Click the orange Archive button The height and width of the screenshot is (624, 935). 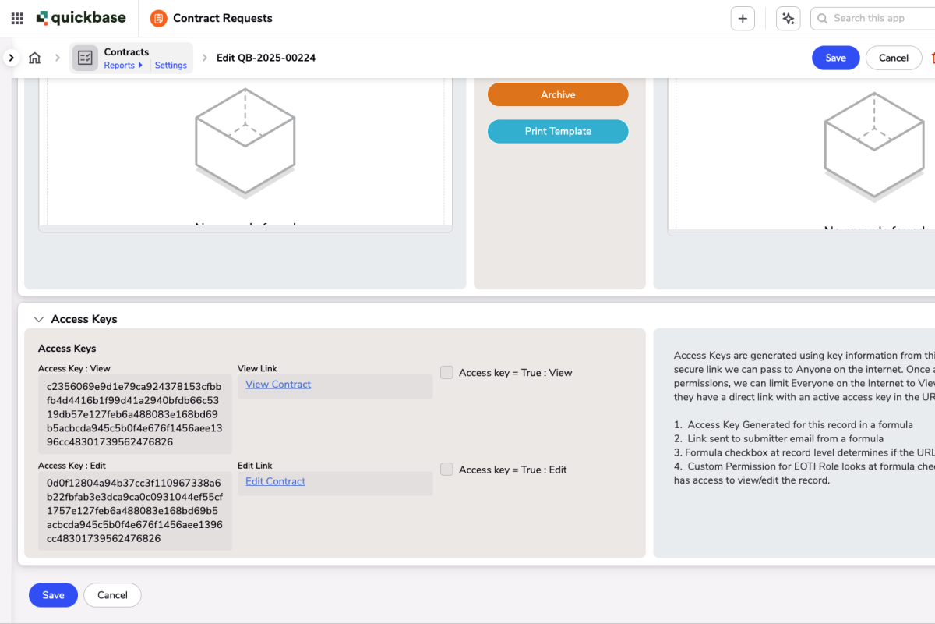coord(558,94)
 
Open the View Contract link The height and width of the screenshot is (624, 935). coord(278,385)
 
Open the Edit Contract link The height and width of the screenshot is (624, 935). coord(275,481)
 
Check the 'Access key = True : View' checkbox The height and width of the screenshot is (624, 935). coord(446,373)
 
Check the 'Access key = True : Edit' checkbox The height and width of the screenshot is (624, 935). coord(446,470)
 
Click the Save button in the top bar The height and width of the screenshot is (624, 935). coord(835,58)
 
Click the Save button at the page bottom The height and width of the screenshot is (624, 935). coord(53,595)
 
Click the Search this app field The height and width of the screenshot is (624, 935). coord(877,18)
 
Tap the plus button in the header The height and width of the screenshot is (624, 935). coord(743,19)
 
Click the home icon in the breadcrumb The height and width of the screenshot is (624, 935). coord(34,58)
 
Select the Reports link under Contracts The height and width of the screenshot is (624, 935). coord(120,66)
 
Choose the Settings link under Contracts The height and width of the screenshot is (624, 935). coord(171,66)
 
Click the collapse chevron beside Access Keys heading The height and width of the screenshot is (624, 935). coord(39,320)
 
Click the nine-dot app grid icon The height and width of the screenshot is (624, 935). coord(17,18)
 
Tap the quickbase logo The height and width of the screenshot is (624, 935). coord(81,18)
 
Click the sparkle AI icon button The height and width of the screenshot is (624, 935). coord(789,19)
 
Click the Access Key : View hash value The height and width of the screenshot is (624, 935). coord(134,414)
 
